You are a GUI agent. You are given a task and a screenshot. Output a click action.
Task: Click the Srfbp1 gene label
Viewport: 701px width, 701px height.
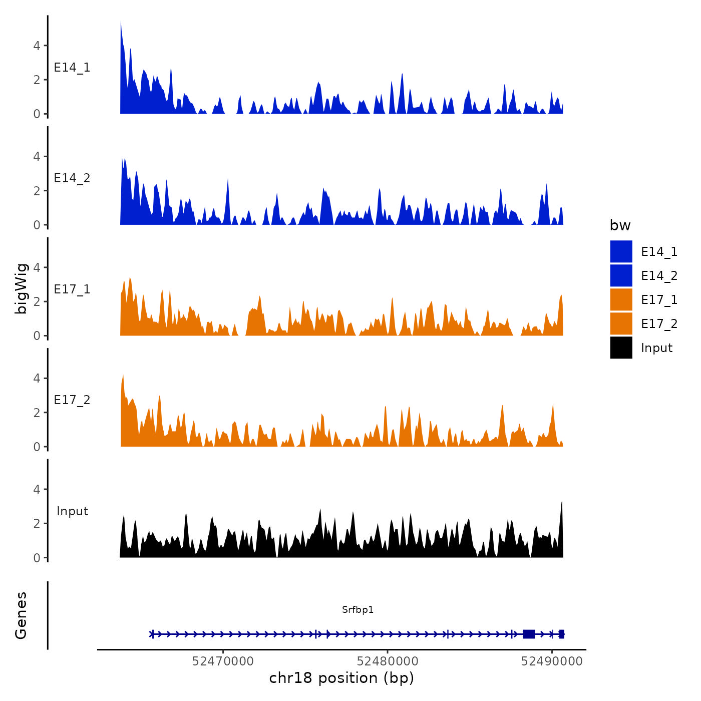tap(358, 609)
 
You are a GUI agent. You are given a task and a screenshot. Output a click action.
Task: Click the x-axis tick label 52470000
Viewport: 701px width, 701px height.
tap(223, 661)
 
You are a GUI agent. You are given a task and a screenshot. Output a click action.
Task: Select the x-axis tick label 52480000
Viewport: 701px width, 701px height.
tap(388, 661)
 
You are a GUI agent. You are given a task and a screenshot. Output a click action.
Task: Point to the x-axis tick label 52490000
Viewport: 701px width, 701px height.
tap(552, 661)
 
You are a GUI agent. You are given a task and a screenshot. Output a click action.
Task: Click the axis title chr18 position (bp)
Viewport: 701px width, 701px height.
tap(341, 678)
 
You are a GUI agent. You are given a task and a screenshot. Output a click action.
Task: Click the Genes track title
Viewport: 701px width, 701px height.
tap(21, 615)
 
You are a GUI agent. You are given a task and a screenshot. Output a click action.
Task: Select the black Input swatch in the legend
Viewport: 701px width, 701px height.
tap(621, 347)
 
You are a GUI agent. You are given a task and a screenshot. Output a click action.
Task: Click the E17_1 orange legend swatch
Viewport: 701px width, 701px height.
tap(621, 299)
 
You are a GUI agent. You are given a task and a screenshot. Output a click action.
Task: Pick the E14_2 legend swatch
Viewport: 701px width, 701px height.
tap(621, 275)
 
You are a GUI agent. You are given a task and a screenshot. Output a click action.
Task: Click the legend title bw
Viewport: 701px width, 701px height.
tap(620, 225)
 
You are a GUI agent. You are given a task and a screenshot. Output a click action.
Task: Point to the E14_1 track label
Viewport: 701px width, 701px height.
tap(72, 68)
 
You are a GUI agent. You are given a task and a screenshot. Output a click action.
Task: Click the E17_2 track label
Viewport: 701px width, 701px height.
tap(72, 400)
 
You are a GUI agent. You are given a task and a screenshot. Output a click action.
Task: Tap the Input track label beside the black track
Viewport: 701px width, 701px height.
tap(72, 511)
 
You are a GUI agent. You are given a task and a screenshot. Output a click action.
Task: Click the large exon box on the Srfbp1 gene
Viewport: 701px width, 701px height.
tap(529, 634)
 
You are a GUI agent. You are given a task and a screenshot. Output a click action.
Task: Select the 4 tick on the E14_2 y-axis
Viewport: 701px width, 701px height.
tap(37, 156)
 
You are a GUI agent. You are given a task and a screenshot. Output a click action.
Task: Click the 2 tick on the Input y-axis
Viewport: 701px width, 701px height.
tap(37, 523)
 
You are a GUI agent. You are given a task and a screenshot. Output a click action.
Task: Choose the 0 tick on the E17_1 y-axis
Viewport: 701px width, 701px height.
tap(37, 335)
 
